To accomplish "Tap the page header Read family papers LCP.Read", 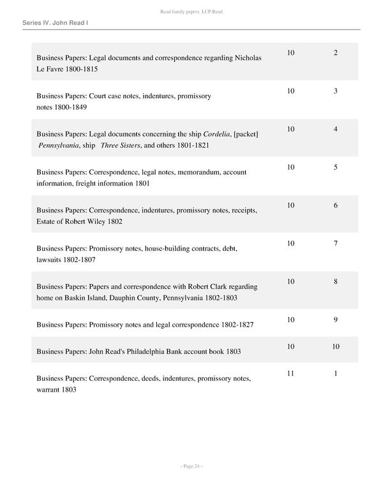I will [x=191, y=12].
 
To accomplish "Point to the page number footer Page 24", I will [x=191, y=466].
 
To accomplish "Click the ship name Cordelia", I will [x=218, y=134].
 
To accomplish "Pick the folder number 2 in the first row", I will [x=335, y=53].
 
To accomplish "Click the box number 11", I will [x=290, y=374].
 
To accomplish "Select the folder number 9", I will [x=335, y=320].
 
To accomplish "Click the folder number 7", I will [x=335, y=244].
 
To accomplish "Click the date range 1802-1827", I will [x=236, y=325].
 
